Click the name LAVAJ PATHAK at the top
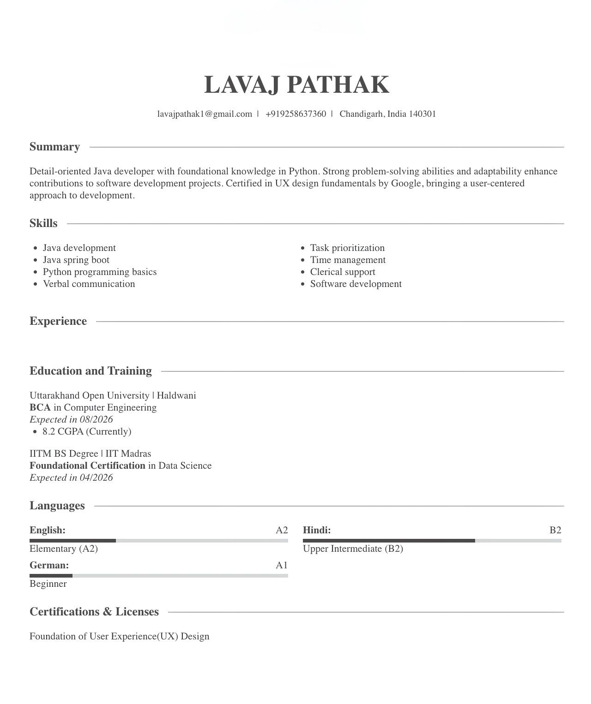coord(296,85)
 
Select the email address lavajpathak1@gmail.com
coord(205,114)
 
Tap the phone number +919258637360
coord(295,114)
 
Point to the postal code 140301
coord(422,114)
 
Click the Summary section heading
coord(54,147)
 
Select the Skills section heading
coord(43,223)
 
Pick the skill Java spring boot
coord(76,260)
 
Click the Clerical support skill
coord(343,272)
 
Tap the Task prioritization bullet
coord(347,248)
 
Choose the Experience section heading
coord(58,321)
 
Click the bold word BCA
coord(40,407)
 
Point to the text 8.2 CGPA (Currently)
coord(87,431)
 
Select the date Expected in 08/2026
coord(71,419)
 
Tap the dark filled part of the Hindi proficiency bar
coord(389,541)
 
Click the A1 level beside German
coord(282,565)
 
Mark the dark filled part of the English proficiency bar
coord(72,541)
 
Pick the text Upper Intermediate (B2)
coord(353,549)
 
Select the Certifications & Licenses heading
coord(94,612)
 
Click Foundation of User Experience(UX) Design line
coord(119,636)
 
